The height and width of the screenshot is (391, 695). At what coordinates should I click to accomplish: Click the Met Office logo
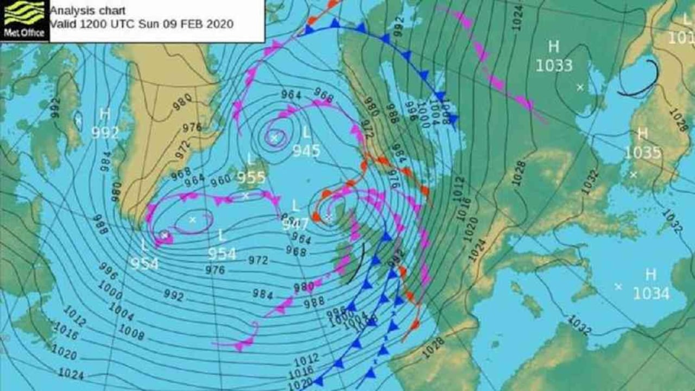24,20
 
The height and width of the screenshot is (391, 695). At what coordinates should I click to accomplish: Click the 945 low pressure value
306,150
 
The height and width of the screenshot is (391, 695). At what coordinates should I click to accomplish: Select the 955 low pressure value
251,178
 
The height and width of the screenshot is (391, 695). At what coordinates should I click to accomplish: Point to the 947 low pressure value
295,224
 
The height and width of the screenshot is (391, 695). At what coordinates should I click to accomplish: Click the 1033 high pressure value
554,66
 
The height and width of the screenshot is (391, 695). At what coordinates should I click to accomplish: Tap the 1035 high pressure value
643,153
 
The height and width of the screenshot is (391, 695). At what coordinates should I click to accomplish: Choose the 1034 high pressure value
651,293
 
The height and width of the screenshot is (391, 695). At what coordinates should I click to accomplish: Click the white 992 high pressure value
105,132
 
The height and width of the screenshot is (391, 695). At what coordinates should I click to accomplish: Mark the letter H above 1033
553,47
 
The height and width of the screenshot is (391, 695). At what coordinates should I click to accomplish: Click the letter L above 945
307,132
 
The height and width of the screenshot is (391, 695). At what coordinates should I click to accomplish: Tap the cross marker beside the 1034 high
618,286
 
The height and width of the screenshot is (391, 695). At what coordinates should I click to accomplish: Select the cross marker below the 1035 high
633,174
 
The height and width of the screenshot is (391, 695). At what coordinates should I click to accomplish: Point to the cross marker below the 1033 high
580,87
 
